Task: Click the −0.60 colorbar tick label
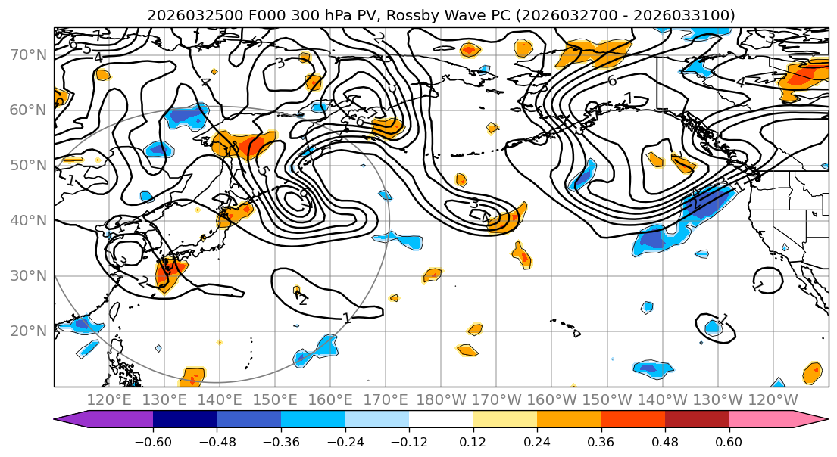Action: click(153, 441)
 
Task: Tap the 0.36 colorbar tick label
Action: click(601, 441)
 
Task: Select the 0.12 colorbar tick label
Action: click(473, 441)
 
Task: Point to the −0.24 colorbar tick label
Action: click(345, 441)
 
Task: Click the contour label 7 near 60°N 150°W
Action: click(627, 98)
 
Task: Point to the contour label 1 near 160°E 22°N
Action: click(347, 318)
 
